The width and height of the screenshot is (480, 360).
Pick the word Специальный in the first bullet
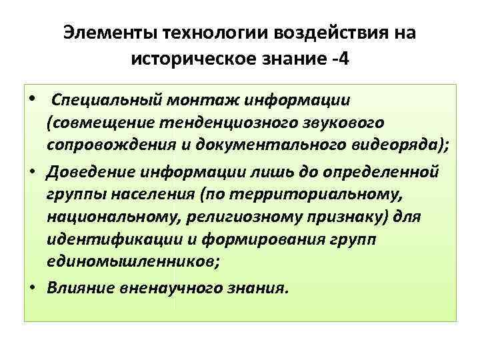point(107,100)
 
